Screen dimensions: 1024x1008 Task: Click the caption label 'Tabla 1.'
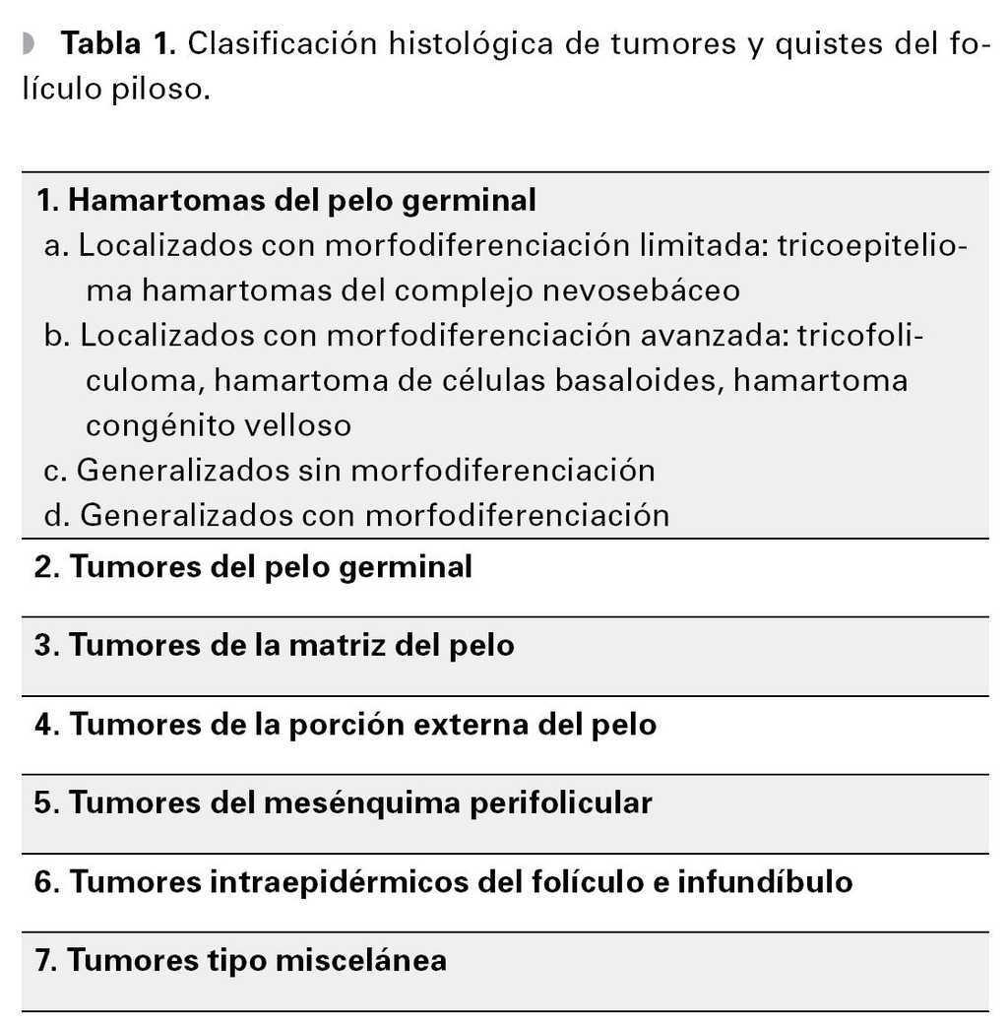tap(117, 43)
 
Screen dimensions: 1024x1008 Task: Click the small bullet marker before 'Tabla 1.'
tap(28, 43)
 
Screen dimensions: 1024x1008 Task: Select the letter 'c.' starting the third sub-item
tap(56, 471)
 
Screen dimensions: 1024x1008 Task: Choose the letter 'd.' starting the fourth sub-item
tap(57, 515)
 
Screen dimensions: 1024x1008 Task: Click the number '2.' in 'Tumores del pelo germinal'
tap(46, 567)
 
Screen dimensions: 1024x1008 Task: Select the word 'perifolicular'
tap(559, 803)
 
